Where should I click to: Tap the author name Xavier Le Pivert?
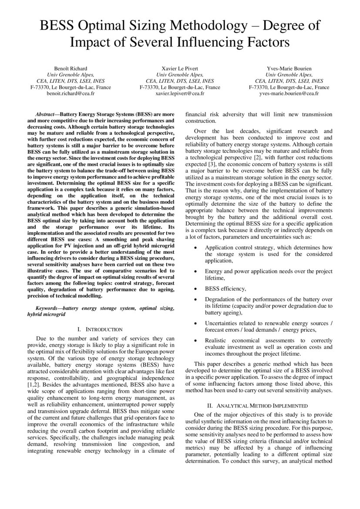click(180, 68)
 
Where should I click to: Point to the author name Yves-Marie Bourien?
click(289, 68)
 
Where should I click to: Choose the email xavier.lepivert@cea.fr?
click(180, 93)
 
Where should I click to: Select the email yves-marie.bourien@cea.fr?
click(289, 93)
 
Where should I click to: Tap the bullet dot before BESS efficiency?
click(196, 288)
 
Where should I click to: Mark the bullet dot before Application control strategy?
click(196, 247)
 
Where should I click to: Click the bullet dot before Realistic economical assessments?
click(196, 340)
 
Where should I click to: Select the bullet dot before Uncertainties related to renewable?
click(196, 323)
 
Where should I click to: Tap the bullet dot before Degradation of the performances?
click(196, 300)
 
